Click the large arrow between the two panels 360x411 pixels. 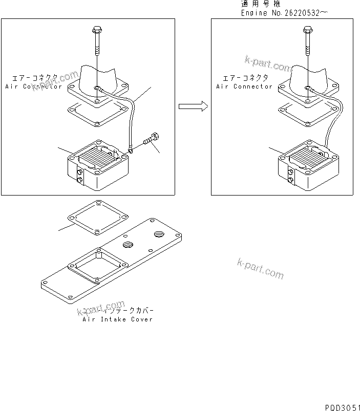tap(193, 106)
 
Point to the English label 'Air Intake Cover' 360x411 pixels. tap(118, 319)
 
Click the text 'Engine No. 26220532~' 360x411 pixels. tap(285, 13)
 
